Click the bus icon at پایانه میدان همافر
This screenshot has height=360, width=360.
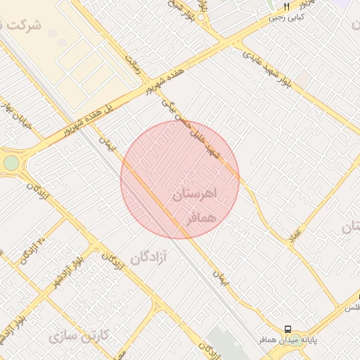click(x=288, y=329)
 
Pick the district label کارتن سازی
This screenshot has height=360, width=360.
click(x=79, y=335)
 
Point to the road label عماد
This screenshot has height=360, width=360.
click(x=295, y=235)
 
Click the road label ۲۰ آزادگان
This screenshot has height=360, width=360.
click(x=34, y=250)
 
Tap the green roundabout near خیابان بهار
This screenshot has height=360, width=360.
click(x=11, y=163)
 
